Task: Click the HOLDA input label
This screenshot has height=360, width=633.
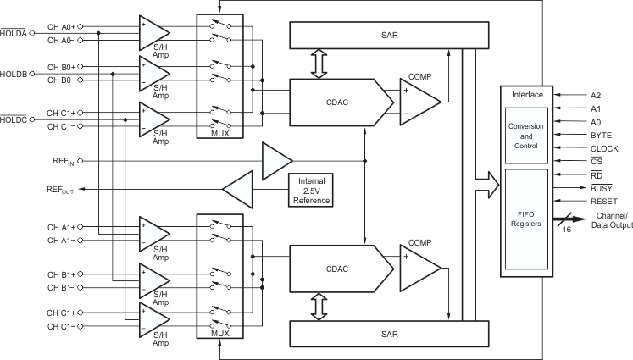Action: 15,33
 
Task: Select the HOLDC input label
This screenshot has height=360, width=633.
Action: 15,119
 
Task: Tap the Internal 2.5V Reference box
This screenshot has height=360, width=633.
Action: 310,189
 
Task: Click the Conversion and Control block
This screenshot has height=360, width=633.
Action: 526,135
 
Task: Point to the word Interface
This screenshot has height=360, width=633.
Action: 526,95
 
